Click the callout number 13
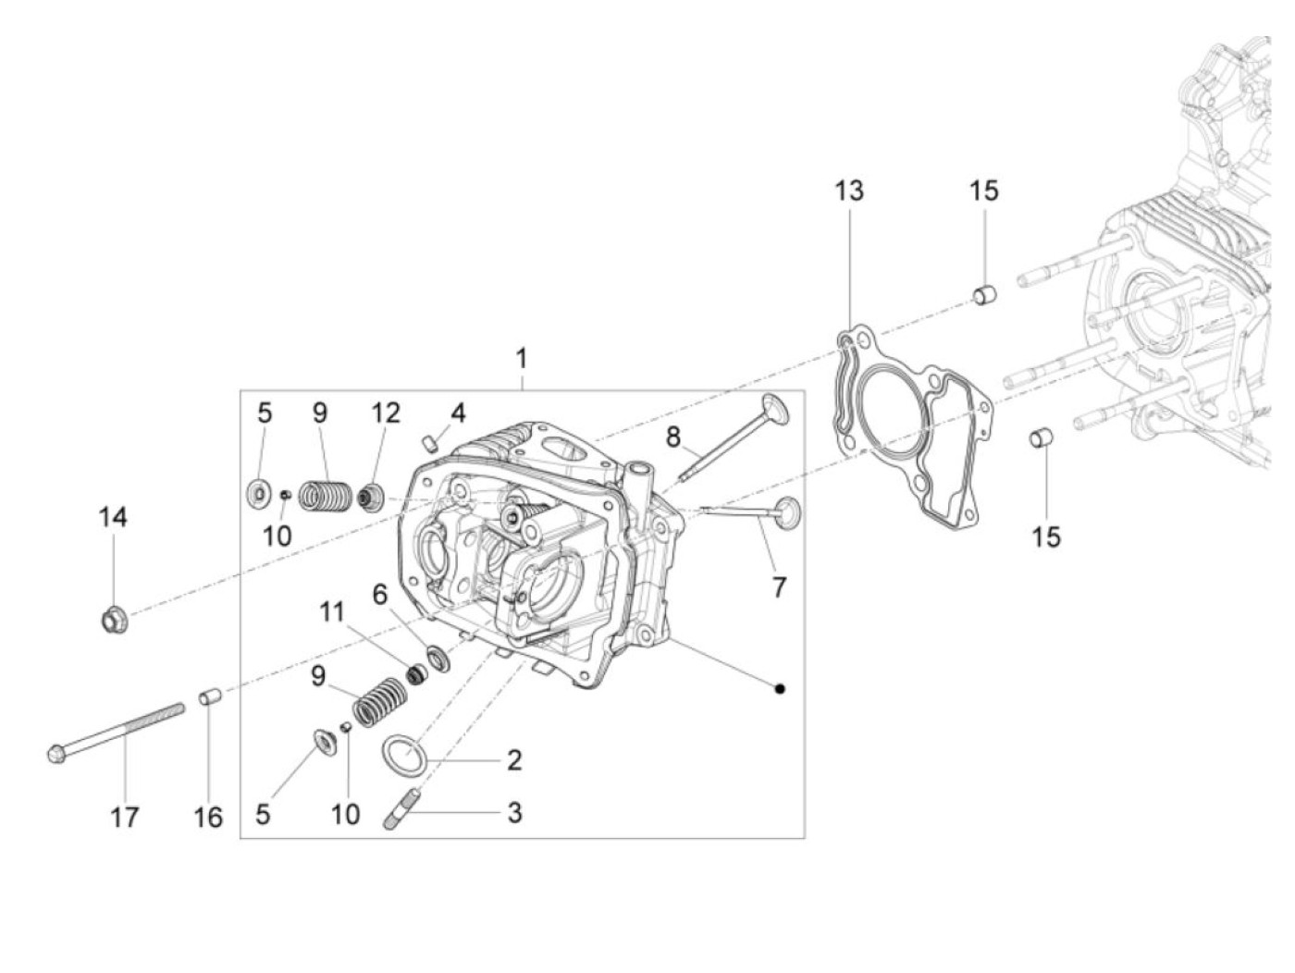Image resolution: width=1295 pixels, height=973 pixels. tap(848, 191)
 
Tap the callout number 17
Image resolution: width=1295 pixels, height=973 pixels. tap(125, 817)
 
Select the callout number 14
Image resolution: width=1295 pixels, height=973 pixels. tap(113, 518)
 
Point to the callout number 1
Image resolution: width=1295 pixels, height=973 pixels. tap(522, 358)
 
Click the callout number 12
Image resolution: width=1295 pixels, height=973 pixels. tap(386, 413)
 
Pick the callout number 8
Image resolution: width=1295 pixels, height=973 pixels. tap(672, 436)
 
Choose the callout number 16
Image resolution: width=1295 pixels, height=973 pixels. tap(208, 817)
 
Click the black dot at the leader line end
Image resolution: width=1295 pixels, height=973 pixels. tap(780, 688)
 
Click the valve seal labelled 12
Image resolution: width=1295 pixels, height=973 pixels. tap(371, 497)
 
